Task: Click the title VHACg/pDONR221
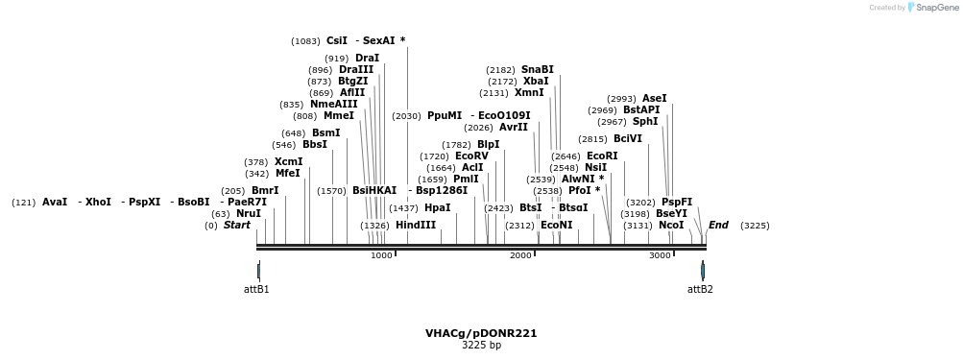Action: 481,333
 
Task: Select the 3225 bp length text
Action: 481,345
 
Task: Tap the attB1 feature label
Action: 256,289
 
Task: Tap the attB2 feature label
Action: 700,289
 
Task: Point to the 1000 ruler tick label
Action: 381,255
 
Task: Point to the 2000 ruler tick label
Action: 520,255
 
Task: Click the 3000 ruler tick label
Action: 660,255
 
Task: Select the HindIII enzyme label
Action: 415,226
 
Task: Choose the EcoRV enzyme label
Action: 471,156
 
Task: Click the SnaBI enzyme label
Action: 537,69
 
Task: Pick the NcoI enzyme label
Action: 671,226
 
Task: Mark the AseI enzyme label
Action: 654,98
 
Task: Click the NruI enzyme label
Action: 248,214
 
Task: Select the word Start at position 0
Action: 236,226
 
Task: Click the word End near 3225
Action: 718,226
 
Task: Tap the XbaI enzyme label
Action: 536,81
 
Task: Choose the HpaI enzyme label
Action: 437,208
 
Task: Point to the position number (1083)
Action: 305,41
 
